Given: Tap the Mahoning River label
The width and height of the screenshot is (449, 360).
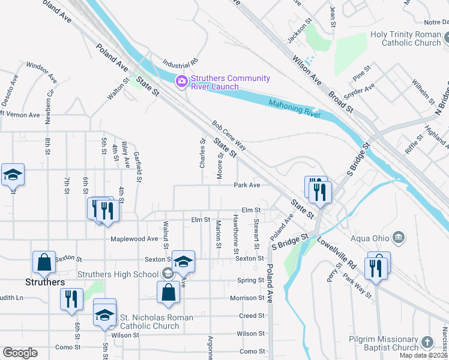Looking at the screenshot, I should click(295, 107).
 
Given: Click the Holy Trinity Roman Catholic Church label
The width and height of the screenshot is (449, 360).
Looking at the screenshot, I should click(405, 38).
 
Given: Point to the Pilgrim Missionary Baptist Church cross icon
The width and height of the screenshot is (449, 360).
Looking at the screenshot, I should click(427, 343).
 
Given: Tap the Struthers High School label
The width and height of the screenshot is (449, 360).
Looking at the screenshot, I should click(118, 275).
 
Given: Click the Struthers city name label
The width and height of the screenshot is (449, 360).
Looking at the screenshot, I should click(45, 282).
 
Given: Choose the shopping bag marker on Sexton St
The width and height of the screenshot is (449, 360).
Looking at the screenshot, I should click(44, 262).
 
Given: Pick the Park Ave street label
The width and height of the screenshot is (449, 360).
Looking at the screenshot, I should click(247, 185).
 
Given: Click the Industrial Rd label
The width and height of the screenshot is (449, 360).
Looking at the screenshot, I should click(180, 63).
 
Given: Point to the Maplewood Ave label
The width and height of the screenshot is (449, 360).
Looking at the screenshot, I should click(134, 238).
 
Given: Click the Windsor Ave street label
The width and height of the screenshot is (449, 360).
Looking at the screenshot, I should click(41, 71).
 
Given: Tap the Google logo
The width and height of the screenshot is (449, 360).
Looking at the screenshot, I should click(20, 353).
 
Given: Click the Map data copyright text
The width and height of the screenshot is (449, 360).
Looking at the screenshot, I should click(424, 355).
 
